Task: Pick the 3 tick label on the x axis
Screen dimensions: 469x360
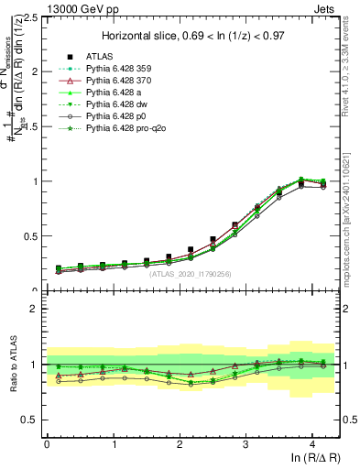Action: click(246, 443)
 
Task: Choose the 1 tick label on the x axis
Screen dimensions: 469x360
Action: click(114, 443)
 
